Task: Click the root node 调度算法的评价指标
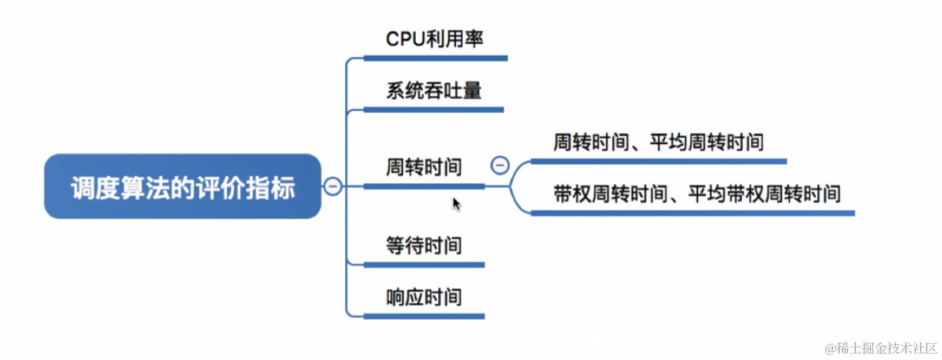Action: tap(182, 187)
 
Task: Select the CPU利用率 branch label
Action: tap(435, 39)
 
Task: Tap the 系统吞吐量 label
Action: tap(433, 90)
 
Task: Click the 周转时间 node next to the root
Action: tap(423, 167)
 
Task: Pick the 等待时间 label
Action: tap(423, 245)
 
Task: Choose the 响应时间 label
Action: tap(423, 297)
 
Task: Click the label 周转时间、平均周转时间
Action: tap(658, 142)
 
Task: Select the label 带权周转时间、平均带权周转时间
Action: tap(696, 194)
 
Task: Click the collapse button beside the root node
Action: tap(333, 187)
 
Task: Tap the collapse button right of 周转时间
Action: tap(499, 166)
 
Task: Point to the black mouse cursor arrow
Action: tap(456, 204)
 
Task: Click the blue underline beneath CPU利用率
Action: tap(435, 58)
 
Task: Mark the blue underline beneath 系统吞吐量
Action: tap(433, 109)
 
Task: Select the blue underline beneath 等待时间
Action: tap(423, 264)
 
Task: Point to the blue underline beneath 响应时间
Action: tap(423, 316)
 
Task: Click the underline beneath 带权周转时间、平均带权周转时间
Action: tap(693, 212)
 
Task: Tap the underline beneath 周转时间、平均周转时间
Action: tap(658, 161)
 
